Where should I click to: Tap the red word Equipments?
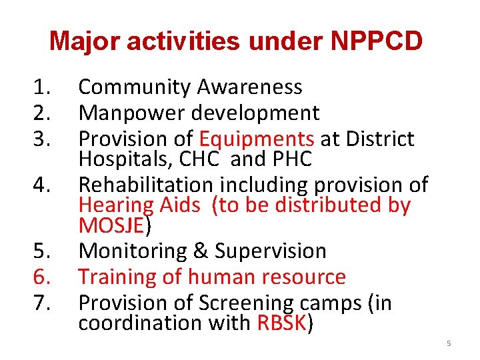(x=257, y=139)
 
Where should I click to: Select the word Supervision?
(x=270, y=251)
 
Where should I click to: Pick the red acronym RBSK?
(x=281, y=323)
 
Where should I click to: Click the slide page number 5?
(x=449, y=343)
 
